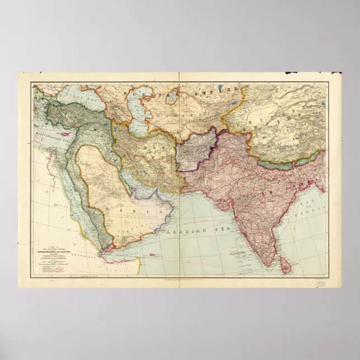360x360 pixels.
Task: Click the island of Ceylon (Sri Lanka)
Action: (286, 267)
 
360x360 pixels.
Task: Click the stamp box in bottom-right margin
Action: (321, 283)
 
